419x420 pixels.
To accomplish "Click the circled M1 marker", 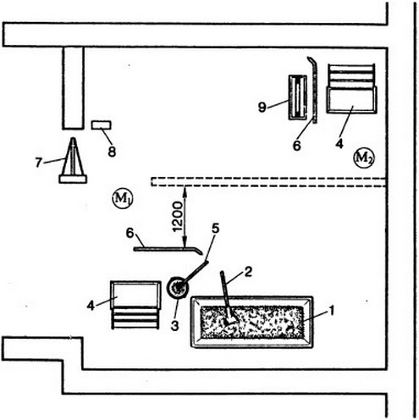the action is coord(123,199).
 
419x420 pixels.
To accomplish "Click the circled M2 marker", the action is coord(363,157).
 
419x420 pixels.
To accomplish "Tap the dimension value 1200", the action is coord(178,217).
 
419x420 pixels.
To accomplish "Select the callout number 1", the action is coord(332,311).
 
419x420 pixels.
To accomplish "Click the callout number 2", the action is coord(248,273).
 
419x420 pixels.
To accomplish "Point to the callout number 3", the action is coord(175,325).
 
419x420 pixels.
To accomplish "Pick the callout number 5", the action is coord(215,229).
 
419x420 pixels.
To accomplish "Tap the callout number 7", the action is coord(39,163).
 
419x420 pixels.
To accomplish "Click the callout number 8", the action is coord(112,152).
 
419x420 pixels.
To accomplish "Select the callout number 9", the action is coord(262,108).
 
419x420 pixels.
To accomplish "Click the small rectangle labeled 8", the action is coord(102,125).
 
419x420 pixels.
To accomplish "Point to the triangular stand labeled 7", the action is coord(73,161).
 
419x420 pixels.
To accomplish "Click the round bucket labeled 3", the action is coord(177,288).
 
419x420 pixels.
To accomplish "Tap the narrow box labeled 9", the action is coord(298,97).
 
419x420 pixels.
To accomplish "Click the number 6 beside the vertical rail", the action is coord(296,146).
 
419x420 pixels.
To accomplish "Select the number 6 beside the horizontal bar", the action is coord(130,233).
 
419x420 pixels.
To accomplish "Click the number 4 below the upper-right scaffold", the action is coord(339,144).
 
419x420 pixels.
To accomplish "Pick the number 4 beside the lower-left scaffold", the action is coord(91,306).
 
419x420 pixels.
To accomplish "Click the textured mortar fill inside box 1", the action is coord(252,323).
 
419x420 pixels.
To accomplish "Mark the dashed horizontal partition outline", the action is coord(268,182).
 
